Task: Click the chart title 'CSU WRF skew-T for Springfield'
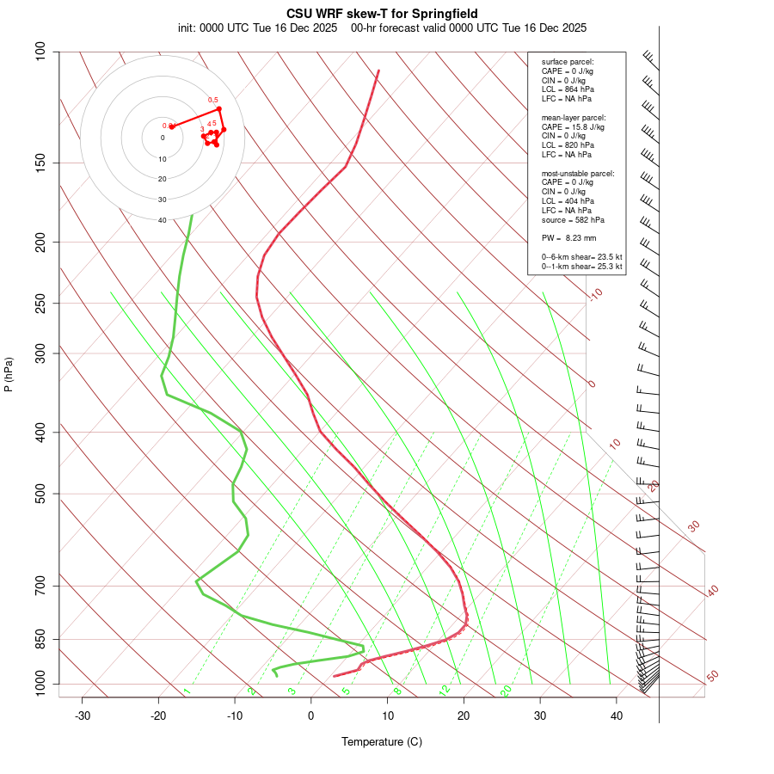(382, 14)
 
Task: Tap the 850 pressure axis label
(40, 639)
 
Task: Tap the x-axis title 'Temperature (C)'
(381, 741)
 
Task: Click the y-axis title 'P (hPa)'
(9, 374)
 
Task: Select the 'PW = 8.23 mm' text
(568, 237)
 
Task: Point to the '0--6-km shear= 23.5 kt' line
(582, 256)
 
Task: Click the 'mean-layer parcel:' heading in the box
(574, 117)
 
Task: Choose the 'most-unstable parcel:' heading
(578, 173)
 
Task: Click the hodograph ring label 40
(162, 220)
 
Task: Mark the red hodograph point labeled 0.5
(219, 108)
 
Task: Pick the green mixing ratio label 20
(506, 690)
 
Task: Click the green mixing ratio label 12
(445, 690)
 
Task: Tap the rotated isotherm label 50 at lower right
(712, 677)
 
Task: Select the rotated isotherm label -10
(595, 294)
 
